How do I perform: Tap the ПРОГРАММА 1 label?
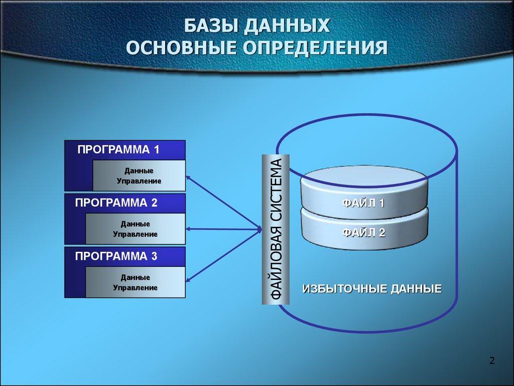[118, 149]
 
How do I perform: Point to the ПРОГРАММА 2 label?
[116, 203]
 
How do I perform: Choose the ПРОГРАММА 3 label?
[116, 256]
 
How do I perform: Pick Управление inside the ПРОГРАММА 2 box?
[135, 234]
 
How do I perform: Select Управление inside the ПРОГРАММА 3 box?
[135, 287]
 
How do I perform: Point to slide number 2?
[492, 360]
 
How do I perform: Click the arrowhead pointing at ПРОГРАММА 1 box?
[189, 177]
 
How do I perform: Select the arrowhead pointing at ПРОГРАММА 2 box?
[189, 229]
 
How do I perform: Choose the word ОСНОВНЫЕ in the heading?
[182, 48]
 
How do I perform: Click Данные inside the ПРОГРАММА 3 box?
[135, 277]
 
